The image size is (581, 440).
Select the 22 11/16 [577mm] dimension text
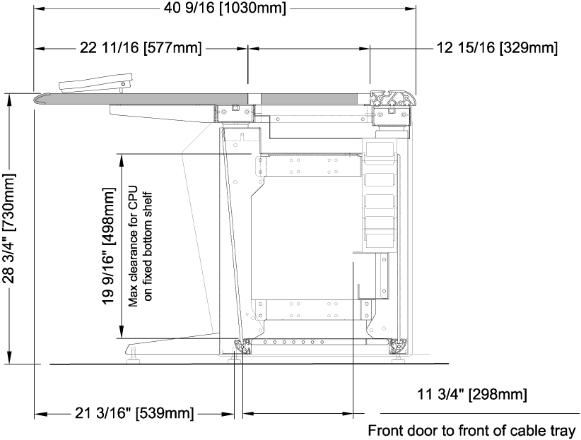(141, 48)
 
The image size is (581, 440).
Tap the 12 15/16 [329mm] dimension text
(497, 48)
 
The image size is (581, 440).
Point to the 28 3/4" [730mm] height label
(9, 229)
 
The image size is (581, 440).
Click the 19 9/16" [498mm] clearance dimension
(109, 246)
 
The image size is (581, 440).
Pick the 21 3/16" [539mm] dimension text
(134, 413)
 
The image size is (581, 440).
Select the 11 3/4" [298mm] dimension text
(472, 394)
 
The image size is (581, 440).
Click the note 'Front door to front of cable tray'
(471, 431)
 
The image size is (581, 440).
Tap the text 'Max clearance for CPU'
(133, 246)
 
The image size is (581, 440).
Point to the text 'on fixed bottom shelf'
(148, 246)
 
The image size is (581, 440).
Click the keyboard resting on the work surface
(95, 83)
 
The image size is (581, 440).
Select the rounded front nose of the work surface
(42, 98)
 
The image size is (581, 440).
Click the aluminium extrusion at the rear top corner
(393, 98)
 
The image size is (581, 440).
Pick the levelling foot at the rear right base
(399, 357)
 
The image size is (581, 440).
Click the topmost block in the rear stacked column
(380, 151)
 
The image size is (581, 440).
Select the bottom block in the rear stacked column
(380, 237)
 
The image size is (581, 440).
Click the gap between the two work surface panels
(254, 98)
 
